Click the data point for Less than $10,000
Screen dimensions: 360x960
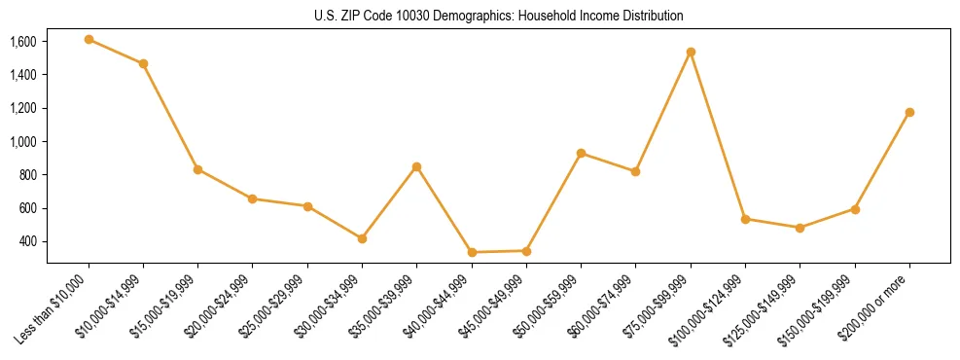tap(89, 40)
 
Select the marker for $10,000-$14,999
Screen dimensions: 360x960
tap(143, 64)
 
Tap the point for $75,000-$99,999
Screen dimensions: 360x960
tap(691, 52)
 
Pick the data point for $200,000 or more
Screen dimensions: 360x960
tap(909, 112)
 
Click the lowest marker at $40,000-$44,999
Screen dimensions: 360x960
tap(472, 252)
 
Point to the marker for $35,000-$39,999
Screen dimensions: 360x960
tap(416, 166)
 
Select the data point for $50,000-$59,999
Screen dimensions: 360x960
tap(581, 153)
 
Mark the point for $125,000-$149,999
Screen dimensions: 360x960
tap(800, 228)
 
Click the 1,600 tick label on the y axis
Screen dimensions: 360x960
tap(23, 42)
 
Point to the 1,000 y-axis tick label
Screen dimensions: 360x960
tap(23, 141)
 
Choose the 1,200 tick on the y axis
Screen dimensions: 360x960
tap(23, 108)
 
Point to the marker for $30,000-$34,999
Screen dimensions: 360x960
tap(362, 238)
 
